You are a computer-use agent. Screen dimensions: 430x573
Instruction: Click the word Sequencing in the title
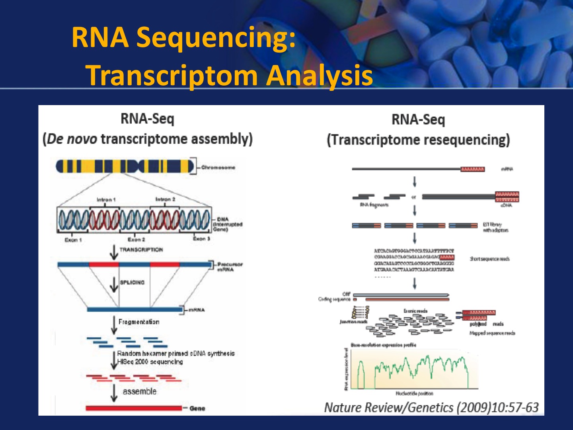(x=216, y=38)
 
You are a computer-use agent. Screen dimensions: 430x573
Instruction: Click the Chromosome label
(x=218, y=168)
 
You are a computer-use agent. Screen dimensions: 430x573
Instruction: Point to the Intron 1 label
(x=106, y=199)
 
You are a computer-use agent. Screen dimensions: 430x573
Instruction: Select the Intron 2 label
(x=165, y=199)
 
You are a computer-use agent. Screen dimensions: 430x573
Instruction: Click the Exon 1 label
(x=73, y=240)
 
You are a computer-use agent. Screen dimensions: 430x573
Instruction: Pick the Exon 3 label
(x=201, y=239)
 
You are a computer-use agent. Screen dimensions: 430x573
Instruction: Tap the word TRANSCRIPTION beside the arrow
(x=141, y=250)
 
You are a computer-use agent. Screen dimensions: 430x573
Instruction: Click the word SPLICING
(x=132, y=282)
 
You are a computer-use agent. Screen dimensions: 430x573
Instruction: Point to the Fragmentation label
(x=139, y=322)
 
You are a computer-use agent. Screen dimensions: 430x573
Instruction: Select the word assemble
(x=139, y=391)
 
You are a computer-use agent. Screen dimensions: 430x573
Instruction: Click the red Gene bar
(x=134, y=408)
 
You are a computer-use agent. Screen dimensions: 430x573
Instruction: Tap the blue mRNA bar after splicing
(x=134, y=309)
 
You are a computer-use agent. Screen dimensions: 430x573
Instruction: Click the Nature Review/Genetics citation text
(x=431, y=407)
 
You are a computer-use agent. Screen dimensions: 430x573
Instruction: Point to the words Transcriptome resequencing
(x=418, y=140)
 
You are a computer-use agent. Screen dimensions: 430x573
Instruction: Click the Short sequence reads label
(x=489, y=259)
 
